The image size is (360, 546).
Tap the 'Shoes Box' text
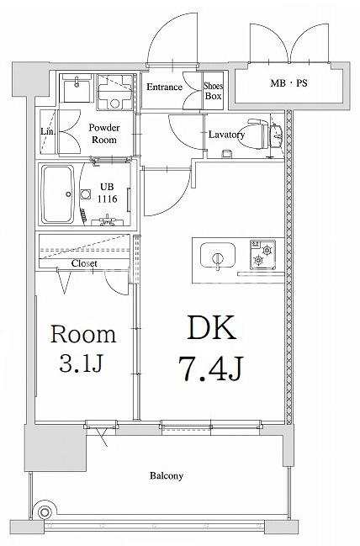(x=214, y=91)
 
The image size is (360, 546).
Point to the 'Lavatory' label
(x=226, y=135)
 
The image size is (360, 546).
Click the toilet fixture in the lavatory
(x=269, y=134)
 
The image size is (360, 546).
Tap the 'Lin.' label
(x=48, y=131)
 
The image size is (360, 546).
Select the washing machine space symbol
(x=114, y=90)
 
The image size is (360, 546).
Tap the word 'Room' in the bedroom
(x=83, y=334)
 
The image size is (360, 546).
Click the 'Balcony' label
(x=167, y=475)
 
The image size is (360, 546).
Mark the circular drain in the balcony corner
(x=47, y=511)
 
